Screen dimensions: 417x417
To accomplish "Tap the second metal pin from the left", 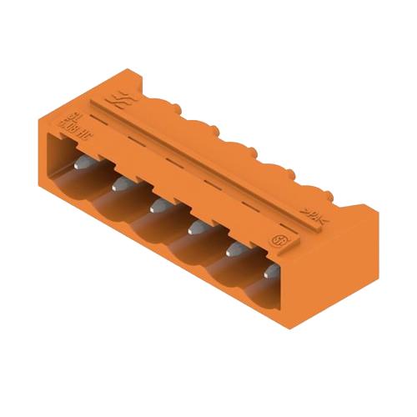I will click(x=120, y=181).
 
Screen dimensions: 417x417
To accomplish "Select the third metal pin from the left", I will click(x=156, y=202).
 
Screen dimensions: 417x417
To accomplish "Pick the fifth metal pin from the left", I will click(x=229, y=248).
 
